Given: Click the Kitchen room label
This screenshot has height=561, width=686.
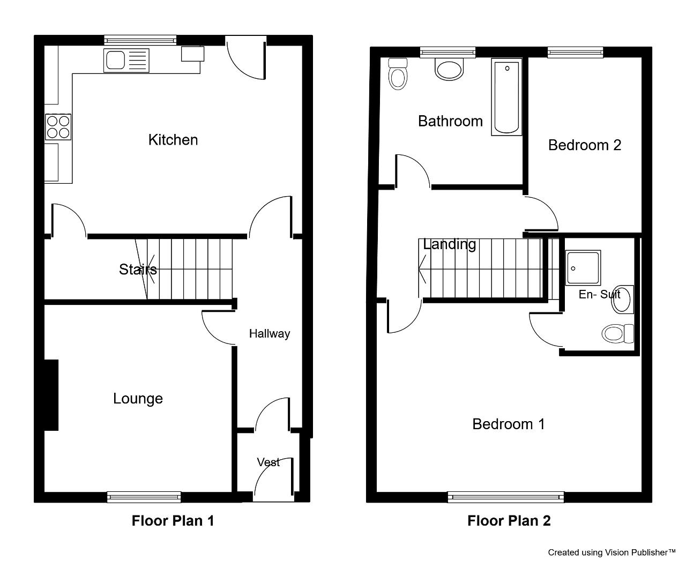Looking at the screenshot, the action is [x=173, y=140].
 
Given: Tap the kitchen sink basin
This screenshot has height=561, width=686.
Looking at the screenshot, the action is [x=115, y=60].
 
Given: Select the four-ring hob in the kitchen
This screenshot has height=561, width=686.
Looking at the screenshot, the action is [x=58, y=127].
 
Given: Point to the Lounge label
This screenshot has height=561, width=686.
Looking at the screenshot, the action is [x=138, y=399].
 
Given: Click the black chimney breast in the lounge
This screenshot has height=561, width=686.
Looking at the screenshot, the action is [x=51, y=395].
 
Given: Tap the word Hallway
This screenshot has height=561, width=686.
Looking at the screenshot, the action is [x=270, y=334].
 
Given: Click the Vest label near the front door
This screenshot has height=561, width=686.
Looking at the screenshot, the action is [x=269, y=462].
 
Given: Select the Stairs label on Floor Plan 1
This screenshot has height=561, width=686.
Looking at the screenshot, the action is [x=138, y=270].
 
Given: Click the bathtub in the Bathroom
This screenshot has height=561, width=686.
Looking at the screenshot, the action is [x=507, y=97].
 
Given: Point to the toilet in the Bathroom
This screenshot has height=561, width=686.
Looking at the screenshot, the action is [x=398, y=74].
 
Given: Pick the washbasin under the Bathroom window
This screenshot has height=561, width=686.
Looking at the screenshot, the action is [x=449, y=69].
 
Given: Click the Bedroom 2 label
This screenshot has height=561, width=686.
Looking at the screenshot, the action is [x=585, y=145].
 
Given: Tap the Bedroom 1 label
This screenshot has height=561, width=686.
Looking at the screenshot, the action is [x=509, y=424].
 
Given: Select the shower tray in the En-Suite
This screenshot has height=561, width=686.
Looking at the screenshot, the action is [x=583, y=268].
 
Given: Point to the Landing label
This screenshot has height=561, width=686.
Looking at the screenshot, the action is [x=450, y=244].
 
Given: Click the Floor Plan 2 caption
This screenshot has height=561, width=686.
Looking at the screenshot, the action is [x=509, y=521].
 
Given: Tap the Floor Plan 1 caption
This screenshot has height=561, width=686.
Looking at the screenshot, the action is [x=173, y=521].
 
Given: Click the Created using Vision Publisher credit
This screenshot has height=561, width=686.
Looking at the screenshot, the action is [x=612, y=552].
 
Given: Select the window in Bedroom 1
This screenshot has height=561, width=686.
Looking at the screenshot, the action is [x=506, y=497].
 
